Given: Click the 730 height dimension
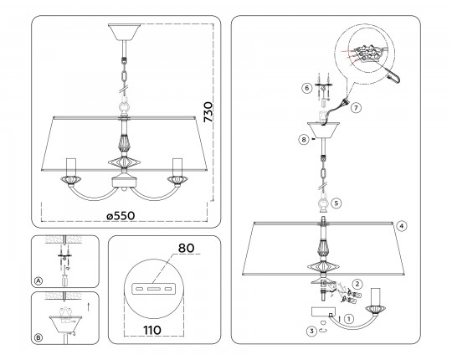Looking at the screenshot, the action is coord(208,112).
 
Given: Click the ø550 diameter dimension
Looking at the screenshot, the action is coord(121,216).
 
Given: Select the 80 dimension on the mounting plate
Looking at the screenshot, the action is coord(186,248).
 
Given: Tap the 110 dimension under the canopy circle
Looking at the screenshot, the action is coord(152,331).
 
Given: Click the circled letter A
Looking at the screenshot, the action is coord(38,280).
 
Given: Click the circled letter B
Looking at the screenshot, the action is coord(38,337).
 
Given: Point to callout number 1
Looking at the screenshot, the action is coord(349,319).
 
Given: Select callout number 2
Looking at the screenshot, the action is coord(357,284).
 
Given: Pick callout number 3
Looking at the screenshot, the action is coord(311,332).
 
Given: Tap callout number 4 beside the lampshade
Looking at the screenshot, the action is coord(402,226).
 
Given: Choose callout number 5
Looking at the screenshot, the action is coord(336,203).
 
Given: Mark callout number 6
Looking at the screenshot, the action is coord(307,88).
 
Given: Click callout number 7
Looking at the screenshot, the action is coord(356,108).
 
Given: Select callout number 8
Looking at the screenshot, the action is coord(304,140).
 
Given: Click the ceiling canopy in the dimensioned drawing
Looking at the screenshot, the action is coord(124,33).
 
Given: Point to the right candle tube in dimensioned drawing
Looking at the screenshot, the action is coord(177,167).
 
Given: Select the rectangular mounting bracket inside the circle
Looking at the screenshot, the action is coord(152,289).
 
